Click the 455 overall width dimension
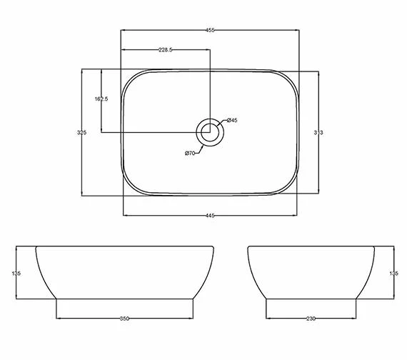point(211,31)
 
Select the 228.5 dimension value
point(166,50)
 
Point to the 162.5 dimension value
point(101,99)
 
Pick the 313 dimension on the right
point(319,133)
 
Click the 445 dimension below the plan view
point(211,215)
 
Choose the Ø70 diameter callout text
point(190,153)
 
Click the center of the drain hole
point(211,132)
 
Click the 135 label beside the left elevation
point(16,273)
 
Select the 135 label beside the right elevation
point(391,273)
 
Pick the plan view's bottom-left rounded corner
point(130,187)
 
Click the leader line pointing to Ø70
point(199,146)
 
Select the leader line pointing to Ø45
point(222,124)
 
